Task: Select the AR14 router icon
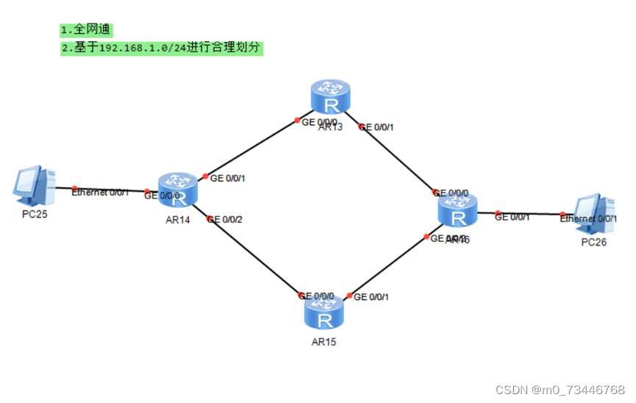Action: click(178, 190)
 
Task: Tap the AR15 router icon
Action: click(324, 313)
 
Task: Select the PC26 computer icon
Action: click(594, 214)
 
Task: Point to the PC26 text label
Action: click(594, 243)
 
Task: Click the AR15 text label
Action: click(324, 342)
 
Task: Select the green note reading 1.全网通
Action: click(87, 30)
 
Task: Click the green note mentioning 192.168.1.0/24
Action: click(162, 48)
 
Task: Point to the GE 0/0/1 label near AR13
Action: click(376, 126)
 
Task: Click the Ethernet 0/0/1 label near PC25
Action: click(100, 192)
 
